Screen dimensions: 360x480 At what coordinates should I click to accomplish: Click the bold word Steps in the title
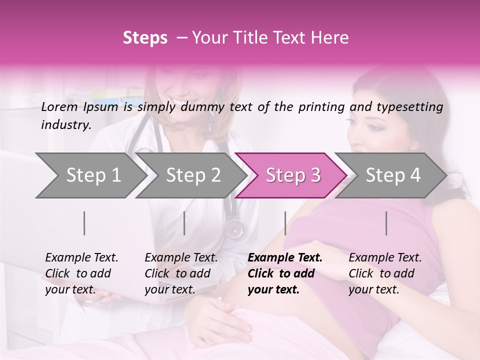pos(145,38)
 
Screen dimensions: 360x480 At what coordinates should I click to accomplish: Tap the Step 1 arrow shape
pos(90,175)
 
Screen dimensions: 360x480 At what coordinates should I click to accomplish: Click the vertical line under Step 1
pos(84,223)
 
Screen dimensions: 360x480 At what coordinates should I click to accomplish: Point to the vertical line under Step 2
pos(184,223)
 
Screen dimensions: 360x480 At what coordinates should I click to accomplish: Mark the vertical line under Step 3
pos(285,223)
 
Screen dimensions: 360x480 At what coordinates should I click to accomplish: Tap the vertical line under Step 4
pos(386,223)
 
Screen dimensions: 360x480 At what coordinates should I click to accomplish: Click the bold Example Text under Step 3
pos(285,258)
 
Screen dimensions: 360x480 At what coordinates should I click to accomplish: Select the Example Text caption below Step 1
pos(81,258)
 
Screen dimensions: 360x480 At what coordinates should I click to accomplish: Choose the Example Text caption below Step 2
pos(181,258)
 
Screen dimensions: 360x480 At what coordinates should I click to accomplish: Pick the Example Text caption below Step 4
pos(385,258)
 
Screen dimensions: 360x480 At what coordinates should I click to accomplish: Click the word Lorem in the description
pos(59,107)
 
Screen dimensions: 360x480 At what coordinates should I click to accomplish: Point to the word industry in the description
pos(65,125)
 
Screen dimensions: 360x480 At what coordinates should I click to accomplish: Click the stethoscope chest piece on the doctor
pos(234,228)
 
